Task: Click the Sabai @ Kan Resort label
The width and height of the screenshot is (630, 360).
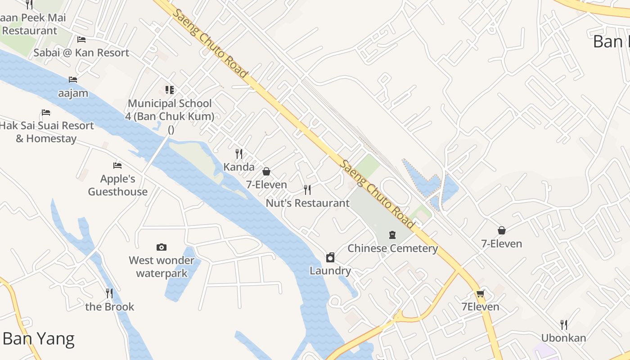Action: (81, 53)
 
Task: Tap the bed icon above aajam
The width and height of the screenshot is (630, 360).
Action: (73, 80)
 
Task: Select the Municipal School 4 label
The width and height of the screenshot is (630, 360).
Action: (170, 110)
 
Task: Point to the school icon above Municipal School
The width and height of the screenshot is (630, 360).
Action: (169, 90)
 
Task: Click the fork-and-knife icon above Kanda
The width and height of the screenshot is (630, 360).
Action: (239, 154)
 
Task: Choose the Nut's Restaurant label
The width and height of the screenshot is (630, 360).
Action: (307, 203)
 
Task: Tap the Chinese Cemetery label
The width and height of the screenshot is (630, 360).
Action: (392, 248)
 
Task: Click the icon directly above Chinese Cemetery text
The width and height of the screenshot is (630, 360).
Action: (392, 235)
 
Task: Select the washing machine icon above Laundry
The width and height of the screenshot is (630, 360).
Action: (330, 257)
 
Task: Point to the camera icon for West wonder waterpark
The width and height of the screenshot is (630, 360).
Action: (162, 247)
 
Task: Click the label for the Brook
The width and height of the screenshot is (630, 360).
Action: (110, 307)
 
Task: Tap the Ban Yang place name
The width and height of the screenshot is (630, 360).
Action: (38, 339)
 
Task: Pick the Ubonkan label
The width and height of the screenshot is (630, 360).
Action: (563, 338)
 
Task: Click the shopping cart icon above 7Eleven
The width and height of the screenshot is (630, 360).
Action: (480, 294)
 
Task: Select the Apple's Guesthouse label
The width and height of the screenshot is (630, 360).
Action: (117, 185)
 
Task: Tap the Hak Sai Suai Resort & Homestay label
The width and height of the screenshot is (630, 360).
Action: (46, 132)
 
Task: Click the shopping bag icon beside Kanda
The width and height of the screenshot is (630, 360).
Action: (266, 171)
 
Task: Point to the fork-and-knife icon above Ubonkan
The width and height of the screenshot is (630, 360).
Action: (563, 324)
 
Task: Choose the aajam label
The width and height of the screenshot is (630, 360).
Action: (73, 94)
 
